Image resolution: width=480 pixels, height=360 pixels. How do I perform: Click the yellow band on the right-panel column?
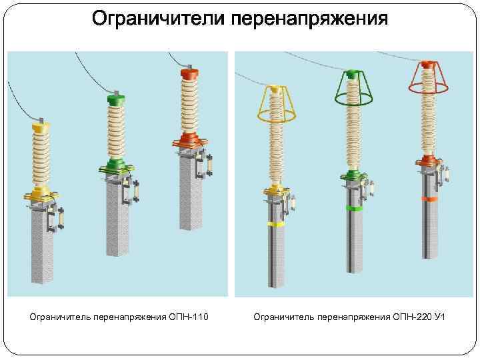point(275,224)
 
